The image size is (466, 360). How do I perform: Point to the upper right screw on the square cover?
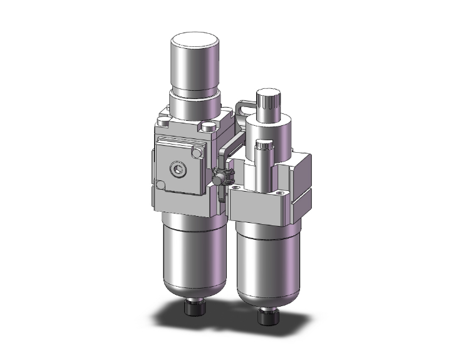199,152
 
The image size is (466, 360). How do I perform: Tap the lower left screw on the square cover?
162,186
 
